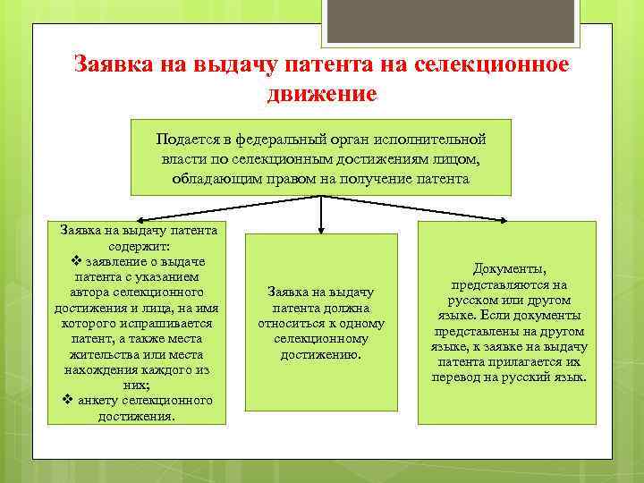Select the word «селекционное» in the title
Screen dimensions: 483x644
pos(492,65)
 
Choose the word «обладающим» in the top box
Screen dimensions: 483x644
pos(211,178)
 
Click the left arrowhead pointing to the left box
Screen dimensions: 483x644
pos(140,219)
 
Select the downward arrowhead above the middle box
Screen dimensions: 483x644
pos(322,230)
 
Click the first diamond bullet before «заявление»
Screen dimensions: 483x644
pos(76,260)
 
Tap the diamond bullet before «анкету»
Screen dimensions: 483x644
pos(68,400)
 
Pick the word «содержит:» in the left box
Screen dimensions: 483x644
pos(140,245)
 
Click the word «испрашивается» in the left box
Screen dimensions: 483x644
pos(168,324)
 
